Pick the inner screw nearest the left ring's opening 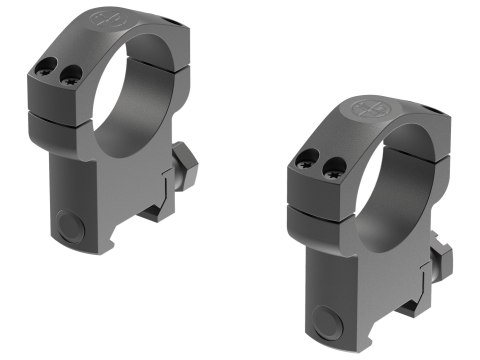pyautogui.click(x=69, y=75)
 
